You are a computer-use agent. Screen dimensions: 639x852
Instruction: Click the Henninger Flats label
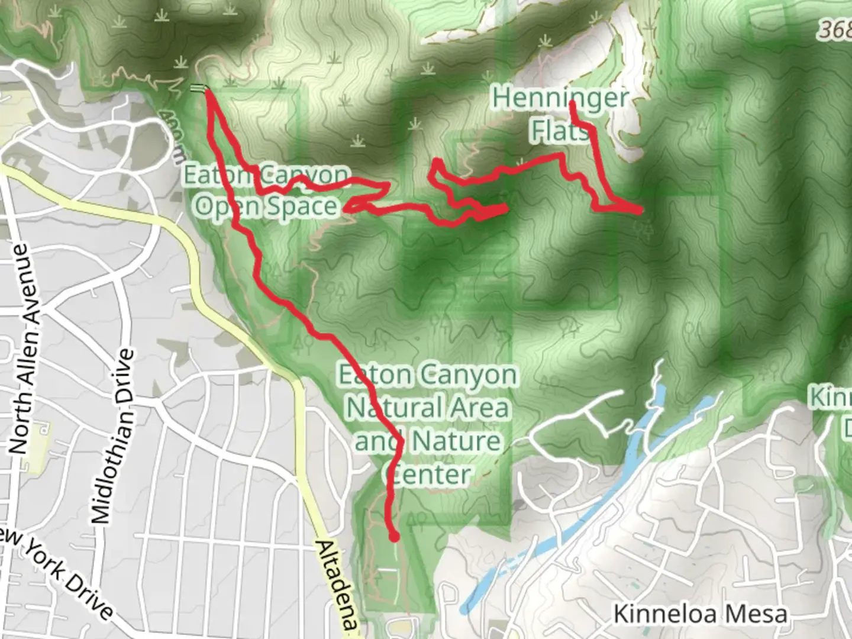click(x=560, y=115)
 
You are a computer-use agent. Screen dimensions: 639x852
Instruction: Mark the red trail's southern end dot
click(x=393, y=537)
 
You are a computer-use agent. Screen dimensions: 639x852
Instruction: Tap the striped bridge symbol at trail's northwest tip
click(x=199, y=89)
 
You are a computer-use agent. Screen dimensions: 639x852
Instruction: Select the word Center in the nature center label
click(x=427, y=475)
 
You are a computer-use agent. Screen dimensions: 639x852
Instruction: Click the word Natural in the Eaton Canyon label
click(x=427, y=408)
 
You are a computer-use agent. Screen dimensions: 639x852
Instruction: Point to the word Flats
click(x=560, y=131)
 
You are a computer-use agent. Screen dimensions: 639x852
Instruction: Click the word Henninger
click(x=560, y=98)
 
